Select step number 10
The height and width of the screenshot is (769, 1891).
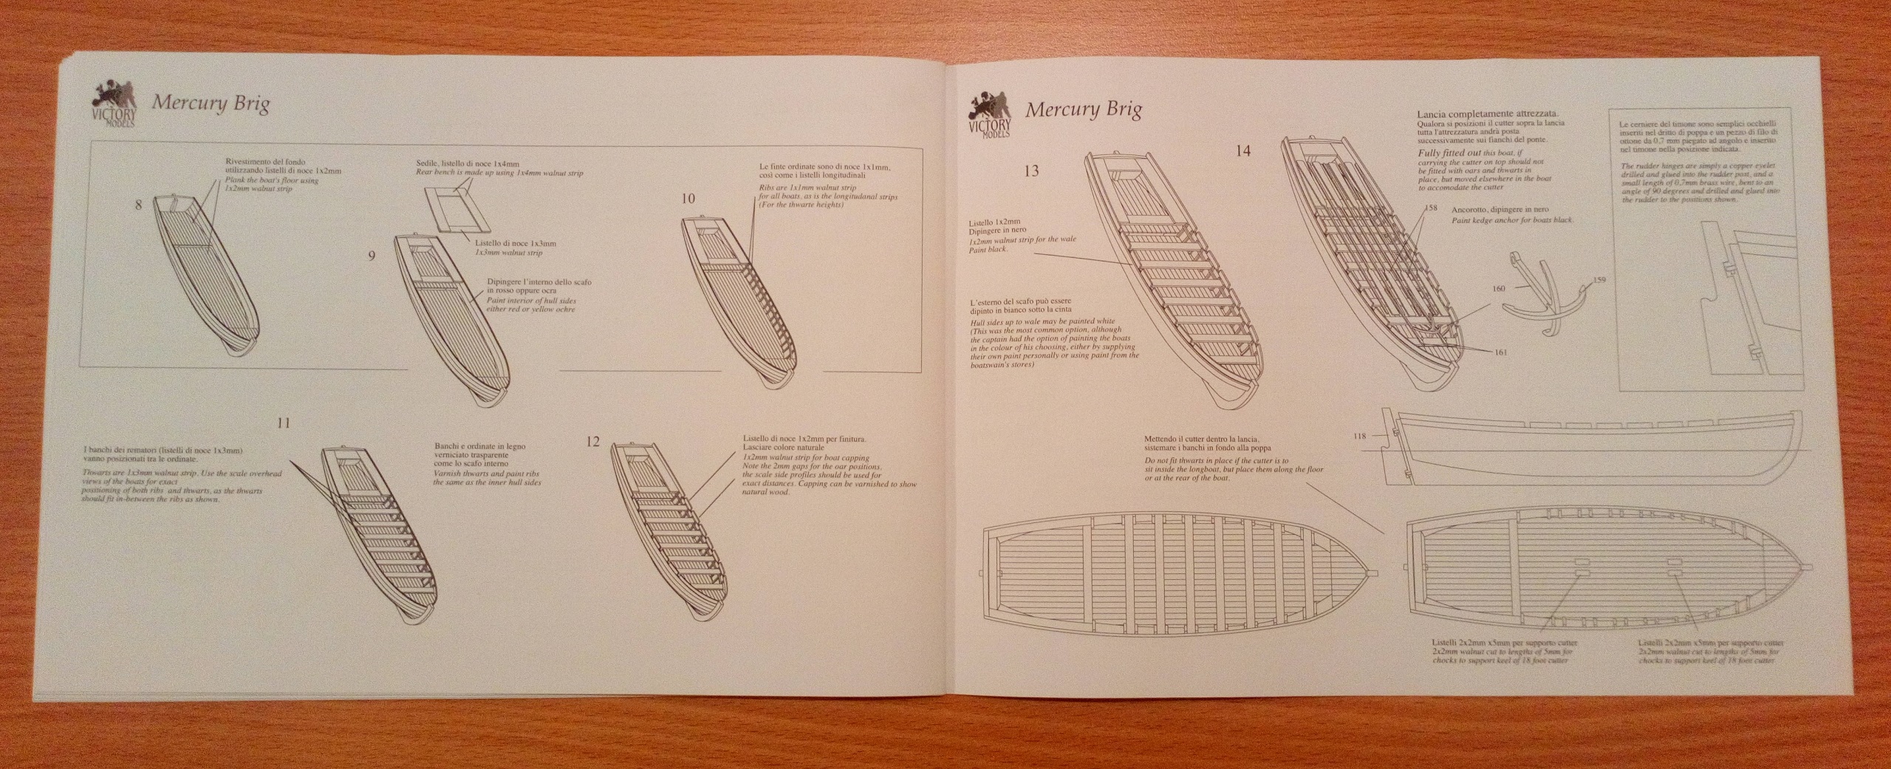coord(688,199)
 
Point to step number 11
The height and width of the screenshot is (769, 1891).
coord(283,423)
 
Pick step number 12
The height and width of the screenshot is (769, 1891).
coord(592,442)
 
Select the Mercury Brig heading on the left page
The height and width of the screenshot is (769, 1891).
coord(210,103)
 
